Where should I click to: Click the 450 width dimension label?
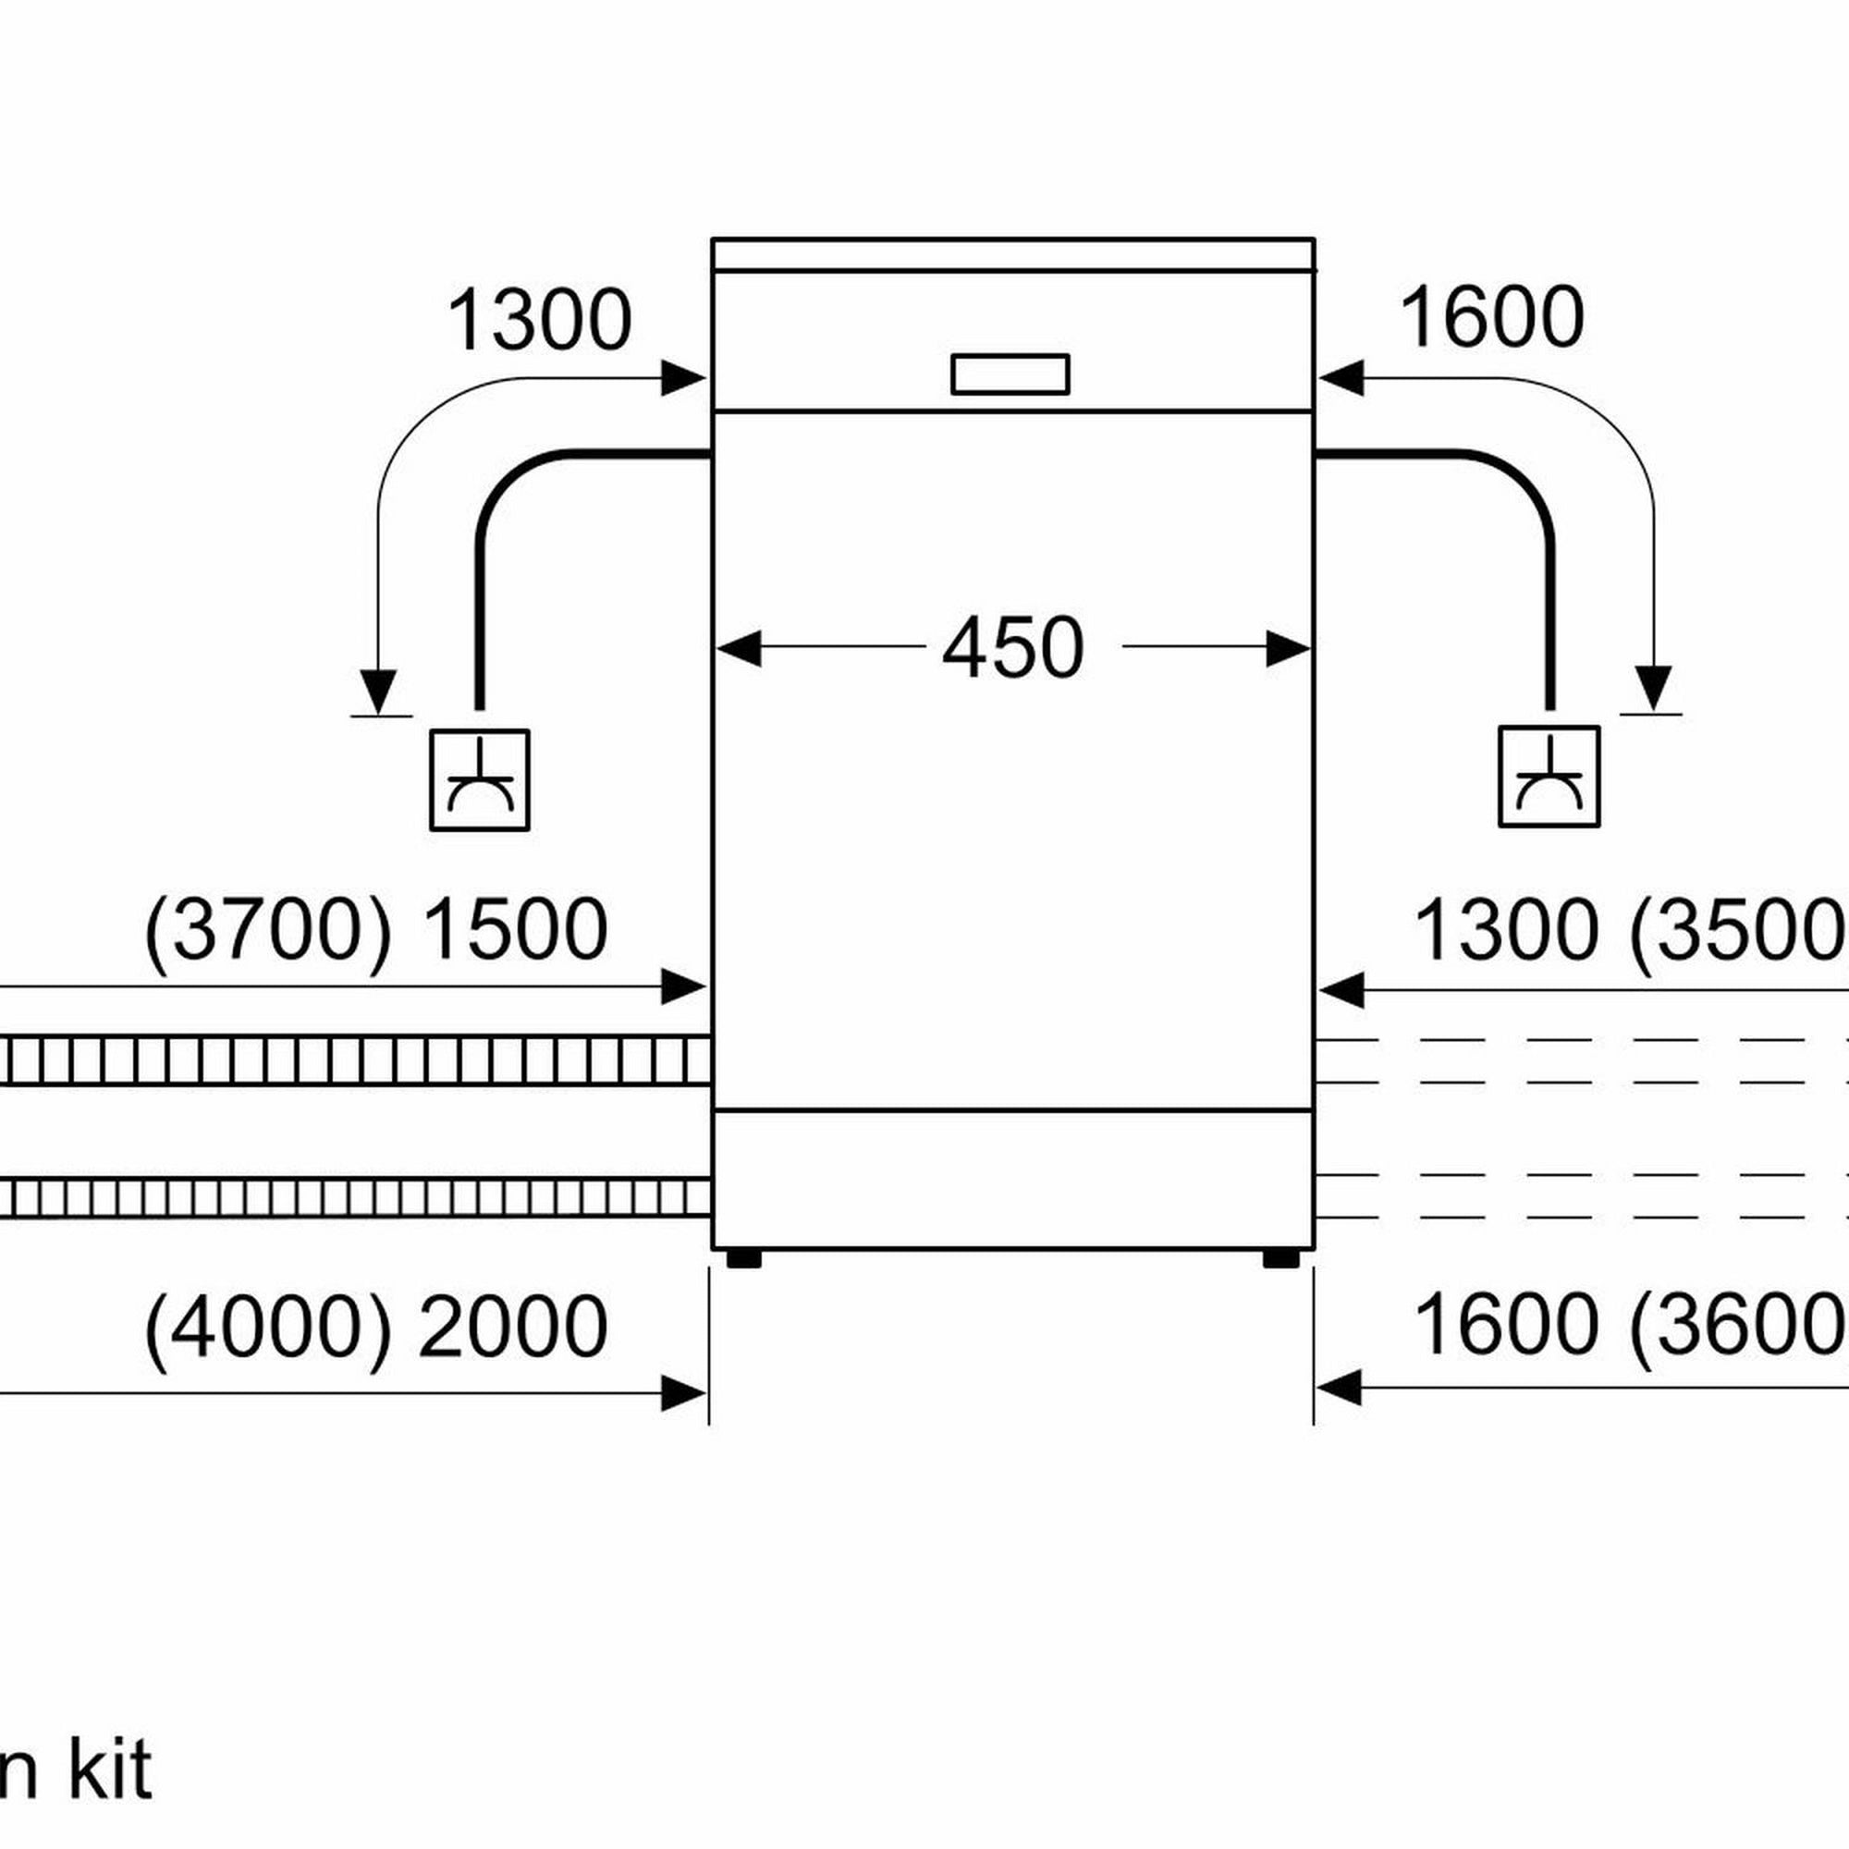coord(1012,648)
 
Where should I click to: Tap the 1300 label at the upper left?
coord(539,321)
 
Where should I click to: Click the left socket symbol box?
coord(480,780)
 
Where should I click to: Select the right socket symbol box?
coord(1549,777)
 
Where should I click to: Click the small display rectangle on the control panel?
coord(1010,373)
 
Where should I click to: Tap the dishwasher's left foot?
coord(743,1257)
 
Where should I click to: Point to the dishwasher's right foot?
coord(1280,1257)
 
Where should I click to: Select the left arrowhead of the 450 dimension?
coord(739,648)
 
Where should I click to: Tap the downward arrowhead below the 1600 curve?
coord(1653,687)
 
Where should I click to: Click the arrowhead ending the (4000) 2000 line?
coord(685,1392)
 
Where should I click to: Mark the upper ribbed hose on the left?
coord(354,1060)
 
